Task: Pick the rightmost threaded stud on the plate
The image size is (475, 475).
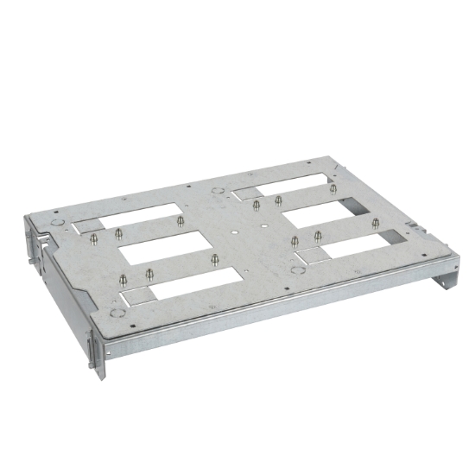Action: click(x=377, y=224)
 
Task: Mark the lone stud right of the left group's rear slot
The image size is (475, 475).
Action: click(x=180, y=221)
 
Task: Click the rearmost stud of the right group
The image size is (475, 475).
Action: click(x=333, y=188)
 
